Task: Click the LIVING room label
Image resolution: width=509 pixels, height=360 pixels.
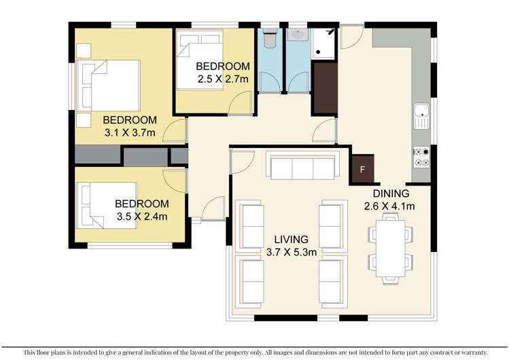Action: coord(291,240)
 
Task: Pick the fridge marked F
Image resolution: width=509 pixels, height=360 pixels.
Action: coord(362,169)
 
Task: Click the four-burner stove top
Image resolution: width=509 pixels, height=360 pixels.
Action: coord(421,158)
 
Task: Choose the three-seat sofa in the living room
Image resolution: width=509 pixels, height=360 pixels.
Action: coord(301,166)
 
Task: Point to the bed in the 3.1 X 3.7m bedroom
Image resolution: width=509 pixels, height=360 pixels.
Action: coord(109,85)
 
